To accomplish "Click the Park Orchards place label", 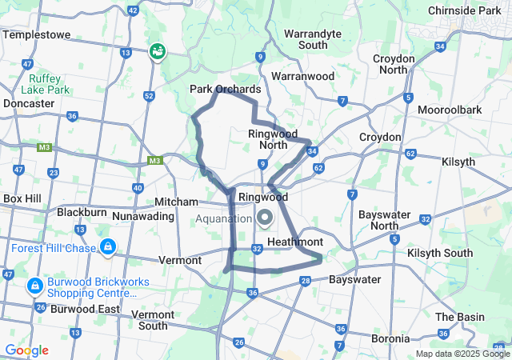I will point(225,89).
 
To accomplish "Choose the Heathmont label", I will point(295,242).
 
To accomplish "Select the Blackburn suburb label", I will point(82,213).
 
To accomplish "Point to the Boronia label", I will point(391,338).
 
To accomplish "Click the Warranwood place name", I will point(302,76).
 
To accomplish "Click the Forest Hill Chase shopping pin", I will point(107,247).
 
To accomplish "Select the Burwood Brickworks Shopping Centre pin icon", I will point(35,286).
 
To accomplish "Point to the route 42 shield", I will point(133,11).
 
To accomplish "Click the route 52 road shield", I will point(149,97).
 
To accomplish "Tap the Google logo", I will point(26,350).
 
